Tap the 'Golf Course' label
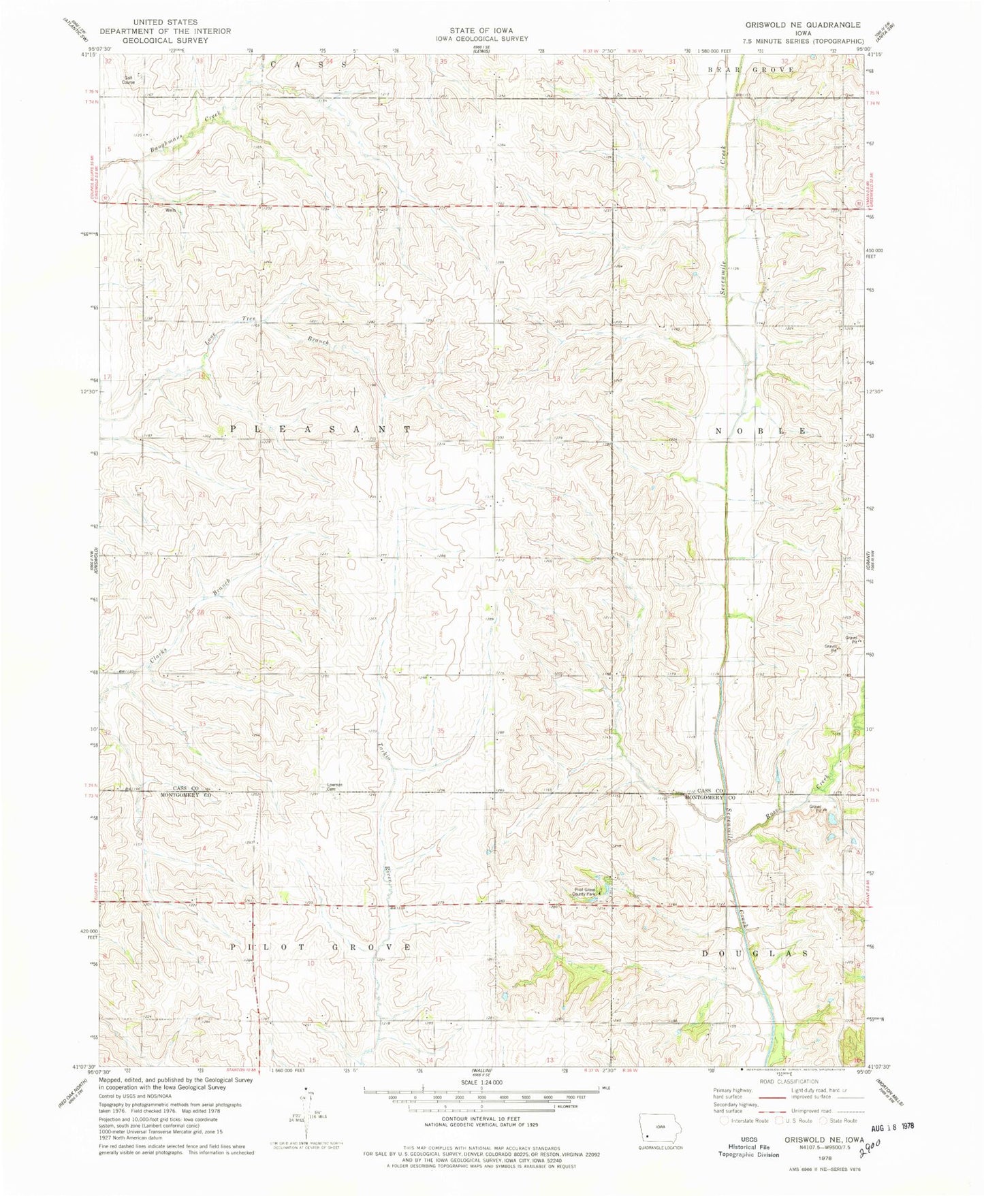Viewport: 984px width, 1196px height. (128, 80)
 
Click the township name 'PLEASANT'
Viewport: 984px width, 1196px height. (319, 430)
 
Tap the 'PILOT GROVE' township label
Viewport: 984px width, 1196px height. (319, 947)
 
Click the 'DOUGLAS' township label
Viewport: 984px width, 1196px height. (756, 954)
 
